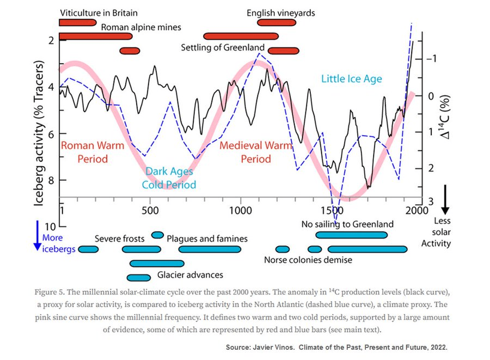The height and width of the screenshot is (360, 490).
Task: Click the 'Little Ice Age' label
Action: pyautogui.click(x=351, y=79)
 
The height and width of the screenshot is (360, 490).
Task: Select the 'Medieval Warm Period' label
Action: pyautogui.click(x=248, y=152)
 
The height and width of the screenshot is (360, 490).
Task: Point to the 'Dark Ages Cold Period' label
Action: pyautogui.click(x=169, y=178)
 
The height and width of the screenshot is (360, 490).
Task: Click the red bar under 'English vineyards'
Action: pyautogui.click(x=277, y=22)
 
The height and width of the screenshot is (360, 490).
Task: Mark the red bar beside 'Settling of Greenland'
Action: pyautogui.click(x=284, y=51)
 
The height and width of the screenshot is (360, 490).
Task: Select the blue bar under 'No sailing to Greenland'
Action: pyautogui.click(x=351, y=235)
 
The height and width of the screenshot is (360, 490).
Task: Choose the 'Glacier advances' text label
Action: pyautogui.click(x=190, y=275)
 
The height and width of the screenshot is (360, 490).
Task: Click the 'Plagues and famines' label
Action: pyautogui.click(x=207, y=239)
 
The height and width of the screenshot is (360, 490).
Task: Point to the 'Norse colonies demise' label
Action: pyautogui.click(x=308, y=260)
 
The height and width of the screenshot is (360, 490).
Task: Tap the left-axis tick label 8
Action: pyautogui.click(x=51, y=180)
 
